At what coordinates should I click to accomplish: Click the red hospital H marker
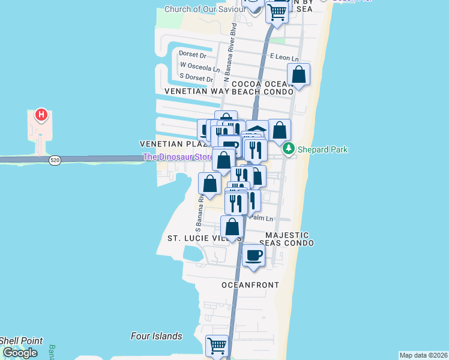point(41,114)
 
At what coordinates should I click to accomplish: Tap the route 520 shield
point(55,160)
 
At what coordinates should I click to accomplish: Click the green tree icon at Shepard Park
point(289,149)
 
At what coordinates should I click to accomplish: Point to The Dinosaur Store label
point(178,157)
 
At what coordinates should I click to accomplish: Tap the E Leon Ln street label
point(284,58)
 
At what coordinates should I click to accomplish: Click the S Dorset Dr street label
point(197,79)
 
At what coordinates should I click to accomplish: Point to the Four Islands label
point(156,336)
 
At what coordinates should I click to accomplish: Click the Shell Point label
point(22,341)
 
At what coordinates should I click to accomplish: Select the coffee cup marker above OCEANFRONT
point(253,256)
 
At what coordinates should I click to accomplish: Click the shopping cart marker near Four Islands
point(217,345)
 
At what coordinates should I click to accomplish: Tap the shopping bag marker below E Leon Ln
point(298,74)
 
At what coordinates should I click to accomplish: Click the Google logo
point(20,353)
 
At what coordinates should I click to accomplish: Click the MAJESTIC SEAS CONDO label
point(286,239)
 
